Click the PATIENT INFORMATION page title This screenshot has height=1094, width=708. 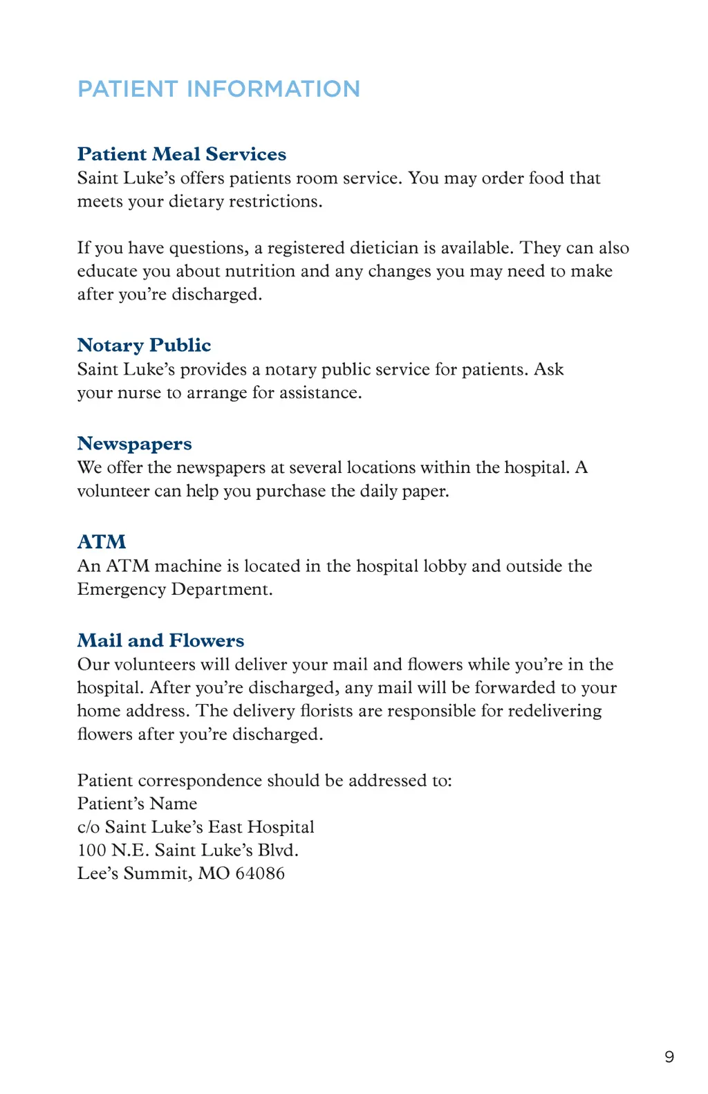(218, 89)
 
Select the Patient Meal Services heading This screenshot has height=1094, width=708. (182, 154)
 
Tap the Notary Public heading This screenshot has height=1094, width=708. (144, 344)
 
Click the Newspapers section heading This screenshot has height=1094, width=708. (134, 443)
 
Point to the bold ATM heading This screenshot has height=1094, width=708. (102, 541)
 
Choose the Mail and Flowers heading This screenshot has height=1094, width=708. (160, 640)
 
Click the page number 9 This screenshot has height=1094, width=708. (669, 1057)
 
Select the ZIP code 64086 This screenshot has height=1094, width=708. (260, 873)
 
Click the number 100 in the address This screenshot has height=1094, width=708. (91, 850)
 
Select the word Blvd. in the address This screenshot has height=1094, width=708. (278, 850)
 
